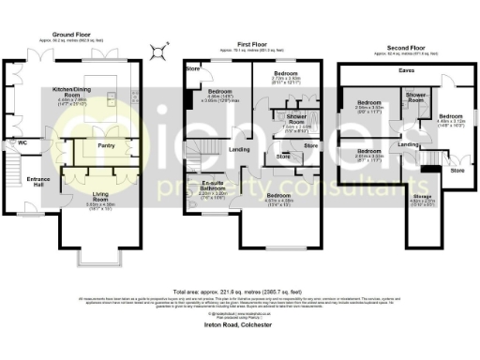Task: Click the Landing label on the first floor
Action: coord(239,148)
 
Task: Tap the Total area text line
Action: coord(240,290)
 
